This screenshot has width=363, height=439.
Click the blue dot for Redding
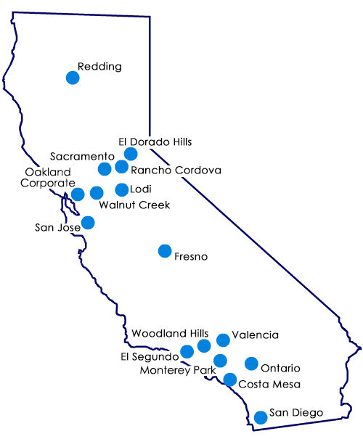tap(73, 77)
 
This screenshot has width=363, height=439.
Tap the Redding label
tap(99, 67)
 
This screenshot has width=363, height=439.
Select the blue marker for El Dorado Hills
tap(131, 154)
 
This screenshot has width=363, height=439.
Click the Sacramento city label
tap(83, 156)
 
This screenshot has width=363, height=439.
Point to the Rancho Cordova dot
tap(121, 167)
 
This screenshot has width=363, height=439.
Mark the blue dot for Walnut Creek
tap(97, 193)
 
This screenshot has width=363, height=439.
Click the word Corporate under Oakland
tap(50, 183)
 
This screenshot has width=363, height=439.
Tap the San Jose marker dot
tap(88, 222)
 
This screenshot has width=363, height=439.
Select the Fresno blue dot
tap(165, 251)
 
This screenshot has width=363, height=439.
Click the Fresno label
tap(192, 256)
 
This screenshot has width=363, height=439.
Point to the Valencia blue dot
tap(223, 339)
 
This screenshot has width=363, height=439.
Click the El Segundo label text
tap(149, 356)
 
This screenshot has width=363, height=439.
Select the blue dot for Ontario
tap(251, 364)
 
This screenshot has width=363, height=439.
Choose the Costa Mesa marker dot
tap(229, 379)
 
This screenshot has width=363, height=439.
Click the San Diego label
tap(296, 413)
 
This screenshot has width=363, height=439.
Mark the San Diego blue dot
tap(261, 417)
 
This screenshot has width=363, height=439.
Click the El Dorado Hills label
tap(155, 141)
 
